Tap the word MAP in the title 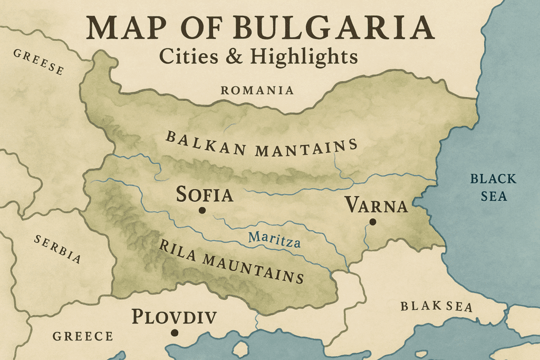[x=127, y=28]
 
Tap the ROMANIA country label [x=257, y=90]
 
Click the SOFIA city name [x=205, y=194]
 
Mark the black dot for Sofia [x=201, y=210]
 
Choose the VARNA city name [x=376, y=206]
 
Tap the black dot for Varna [x=373, y=222]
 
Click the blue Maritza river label [x=275, y=239]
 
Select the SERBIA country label [x=58, y=249]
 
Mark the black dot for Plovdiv [x=175, y=333]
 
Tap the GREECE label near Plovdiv [x=83, y=336]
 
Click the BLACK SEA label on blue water [x=489, y=187]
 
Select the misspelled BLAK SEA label [x=436, y=306]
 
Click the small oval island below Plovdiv [x=241, y=348]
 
